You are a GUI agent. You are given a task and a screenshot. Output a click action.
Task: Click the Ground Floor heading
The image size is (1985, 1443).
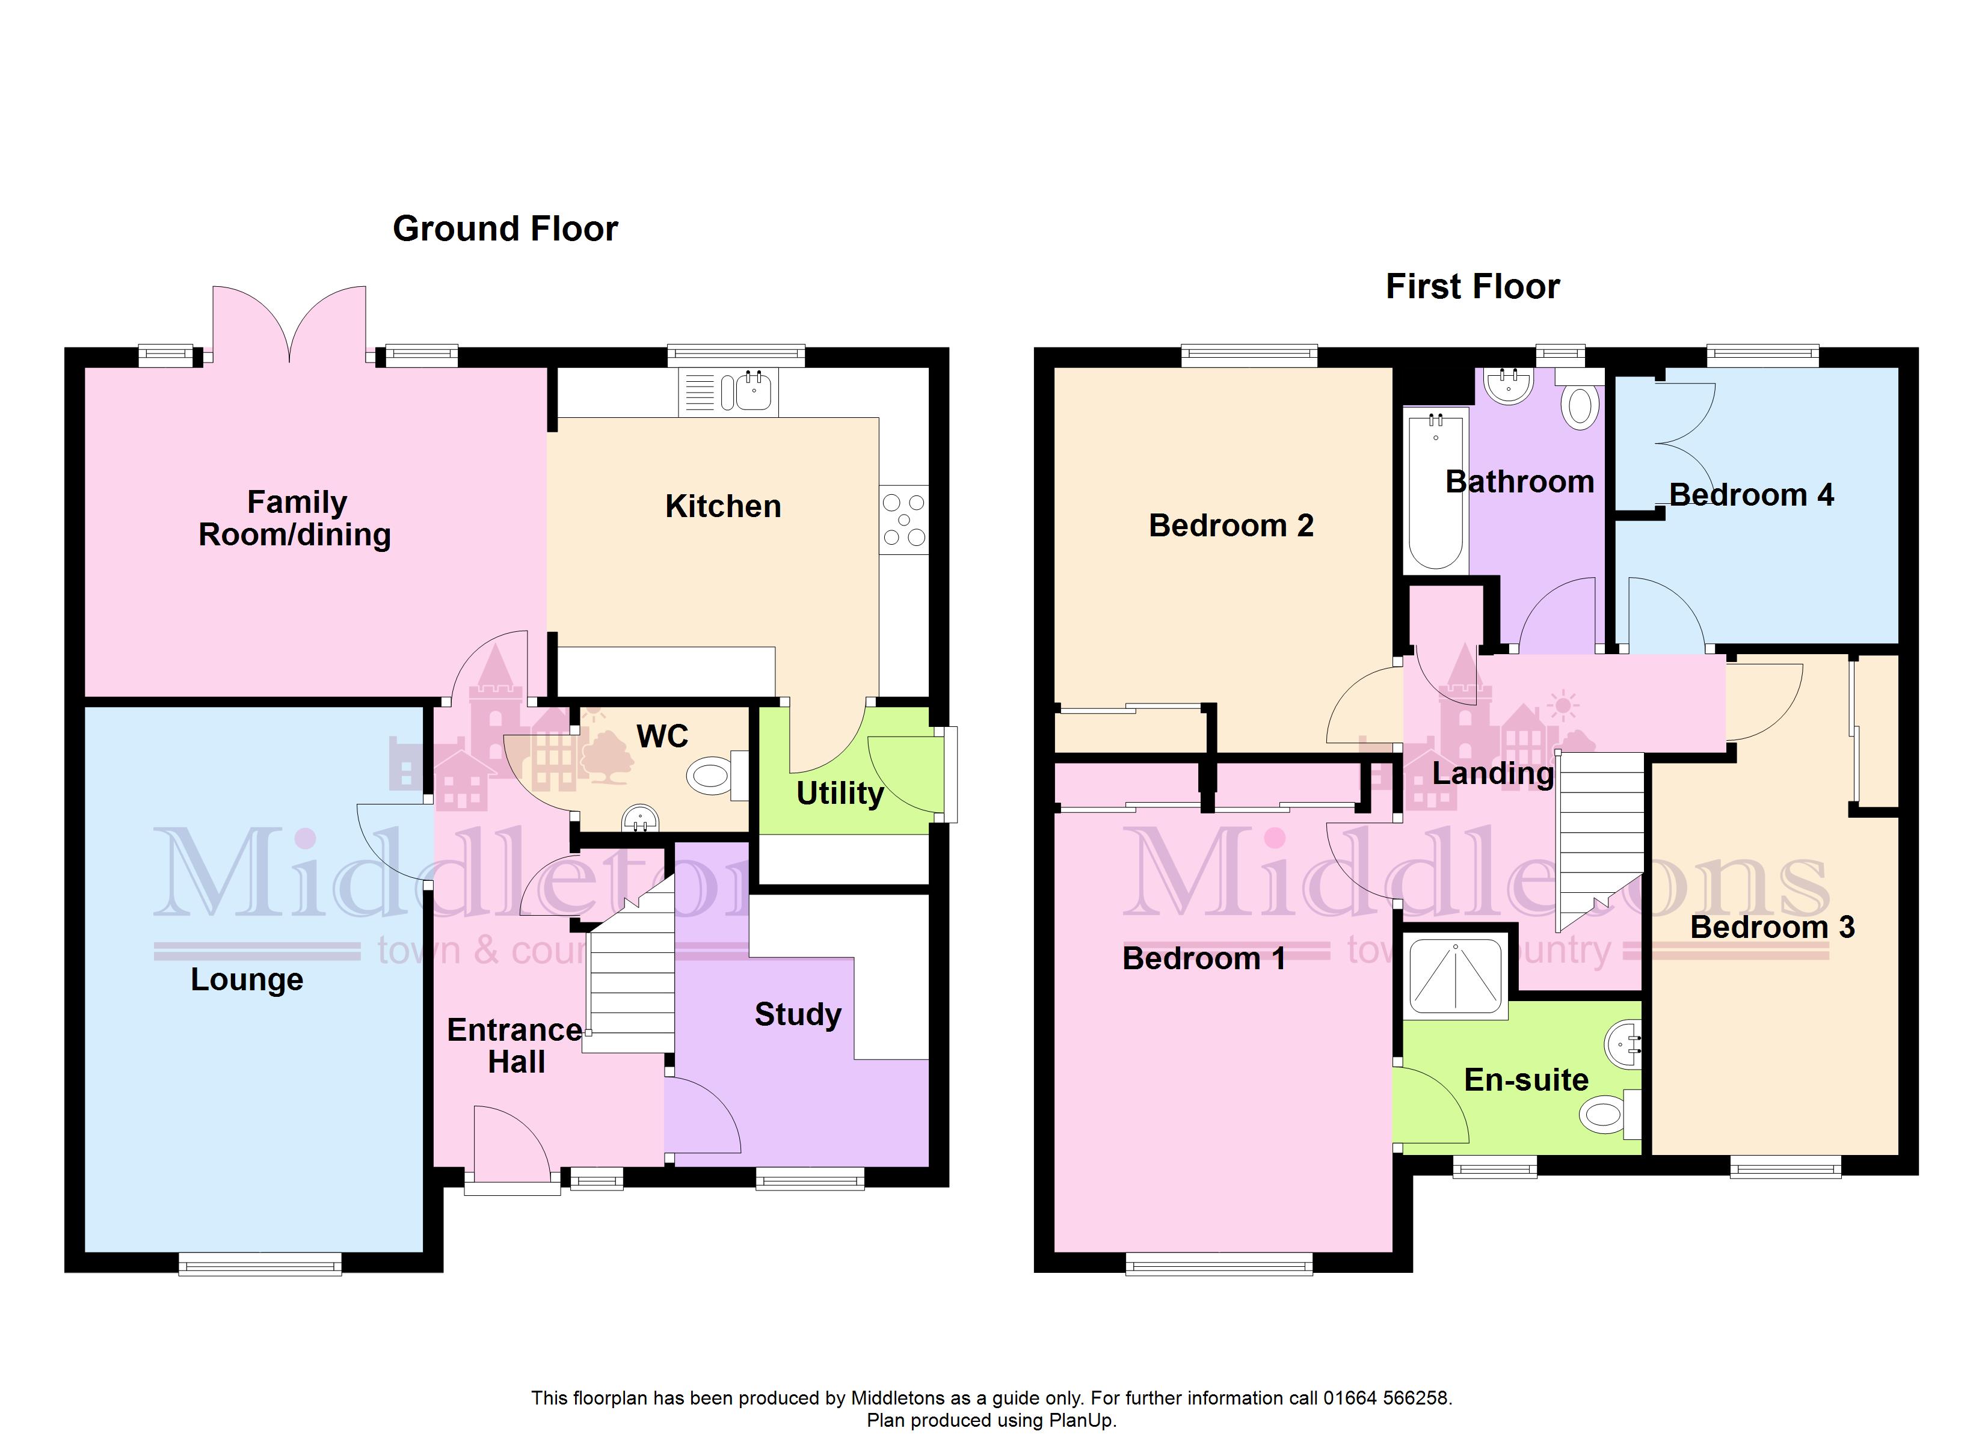[x=505, y=228]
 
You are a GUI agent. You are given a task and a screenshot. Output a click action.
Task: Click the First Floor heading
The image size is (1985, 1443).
[x=1473, y=287]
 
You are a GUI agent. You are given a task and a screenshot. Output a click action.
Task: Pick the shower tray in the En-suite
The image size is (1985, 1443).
[x=1456, y=976]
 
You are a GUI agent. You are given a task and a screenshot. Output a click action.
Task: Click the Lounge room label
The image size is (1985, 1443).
[x=247, y=980]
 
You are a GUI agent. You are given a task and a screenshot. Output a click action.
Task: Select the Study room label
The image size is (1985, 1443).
[x=798, y=1014]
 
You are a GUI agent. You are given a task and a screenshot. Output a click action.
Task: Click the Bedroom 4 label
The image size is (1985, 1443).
[x=1752, y=495]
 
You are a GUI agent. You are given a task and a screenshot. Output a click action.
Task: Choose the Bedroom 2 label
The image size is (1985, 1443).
[x=1231, y=526]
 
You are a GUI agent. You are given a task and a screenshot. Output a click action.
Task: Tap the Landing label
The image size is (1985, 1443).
[x=1493, y=774]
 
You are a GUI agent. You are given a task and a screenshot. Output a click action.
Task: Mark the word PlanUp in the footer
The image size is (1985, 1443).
[x=1083, y=1420]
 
